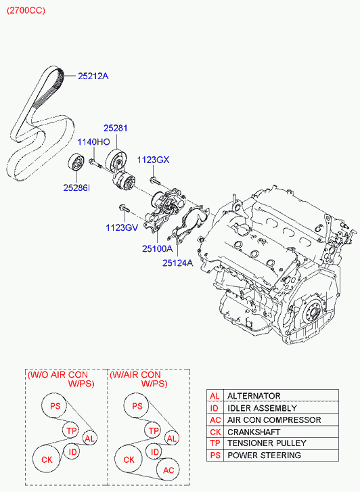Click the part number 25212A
pos(93,76)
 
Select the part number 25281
pos(115,128)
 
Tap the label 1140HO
pos(93,142)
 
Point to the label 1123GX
pos(153,160)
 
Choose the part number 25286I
pos(76,187)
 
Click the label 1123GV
pos(122,227)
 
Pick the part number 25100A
pos(157,248)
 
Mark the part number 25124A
pos(177,263)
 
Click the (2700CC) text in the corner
pos(26,10)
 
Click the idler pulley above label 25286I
pos(76,163)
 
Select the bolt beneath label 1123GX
pos(154,181)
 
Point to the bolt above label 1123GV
pos(124,208)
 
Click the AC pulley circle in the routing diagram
pos(168,470)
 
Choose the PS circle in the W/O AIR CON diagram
pos(55,405)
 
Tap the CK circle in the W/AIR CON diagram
pos(129,459)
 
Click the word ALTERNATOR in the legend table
pos(254,396)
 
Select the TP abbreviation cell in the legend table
pos(215,443)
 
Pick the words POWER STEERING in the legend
pos(264,455)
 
